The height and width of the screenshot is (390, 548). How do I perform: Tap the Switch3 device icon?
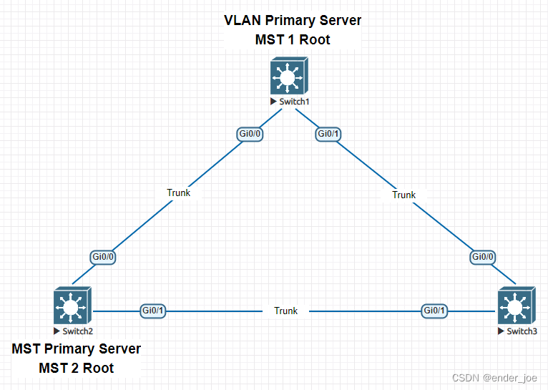click(x=514, y=307)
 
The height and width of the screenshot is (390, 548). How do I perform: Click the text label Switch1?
click(x=294, y=102)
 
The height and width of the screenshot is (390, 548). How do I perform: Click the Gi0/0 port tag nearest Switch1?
click(x=250, y=134)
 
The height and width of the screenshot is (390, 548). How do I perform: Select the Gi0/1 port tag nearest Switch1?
click(x=328, y=134)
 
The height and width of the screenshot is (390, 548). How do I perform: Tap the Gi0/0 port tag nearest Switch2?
click(x=104, y=256)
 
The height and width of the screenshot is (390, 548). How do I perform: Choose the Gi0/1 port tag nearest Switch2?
click(x=153, y=311)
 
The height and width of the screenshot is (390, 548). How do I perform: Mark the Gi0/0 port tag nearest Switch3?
click(x=484, y=256)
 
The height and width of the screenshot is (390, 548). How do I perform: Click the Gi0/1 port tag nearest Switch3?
click(x=434, y=311)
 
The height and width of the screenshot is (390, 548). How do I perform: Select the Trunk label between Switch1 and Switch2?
click(x=178, y=192)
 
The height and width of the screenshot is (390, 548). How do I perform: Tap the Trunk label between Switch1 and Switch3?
click(x=403, y=195)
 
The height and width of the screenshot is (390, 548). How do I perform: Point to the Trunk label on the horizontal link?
click(x=285, y=311)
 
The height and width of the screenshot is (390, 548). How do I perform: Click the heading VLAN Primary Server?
click(x=293, y=21)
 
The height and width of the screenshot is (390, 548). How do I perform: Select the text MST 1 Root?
click(x=293, y=40)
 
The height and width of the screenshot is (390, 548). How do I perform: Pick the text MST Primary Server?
click(x=77, y=349)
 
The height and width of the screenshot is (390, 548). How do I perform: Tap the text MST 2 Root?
click(x=77, y=369)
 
